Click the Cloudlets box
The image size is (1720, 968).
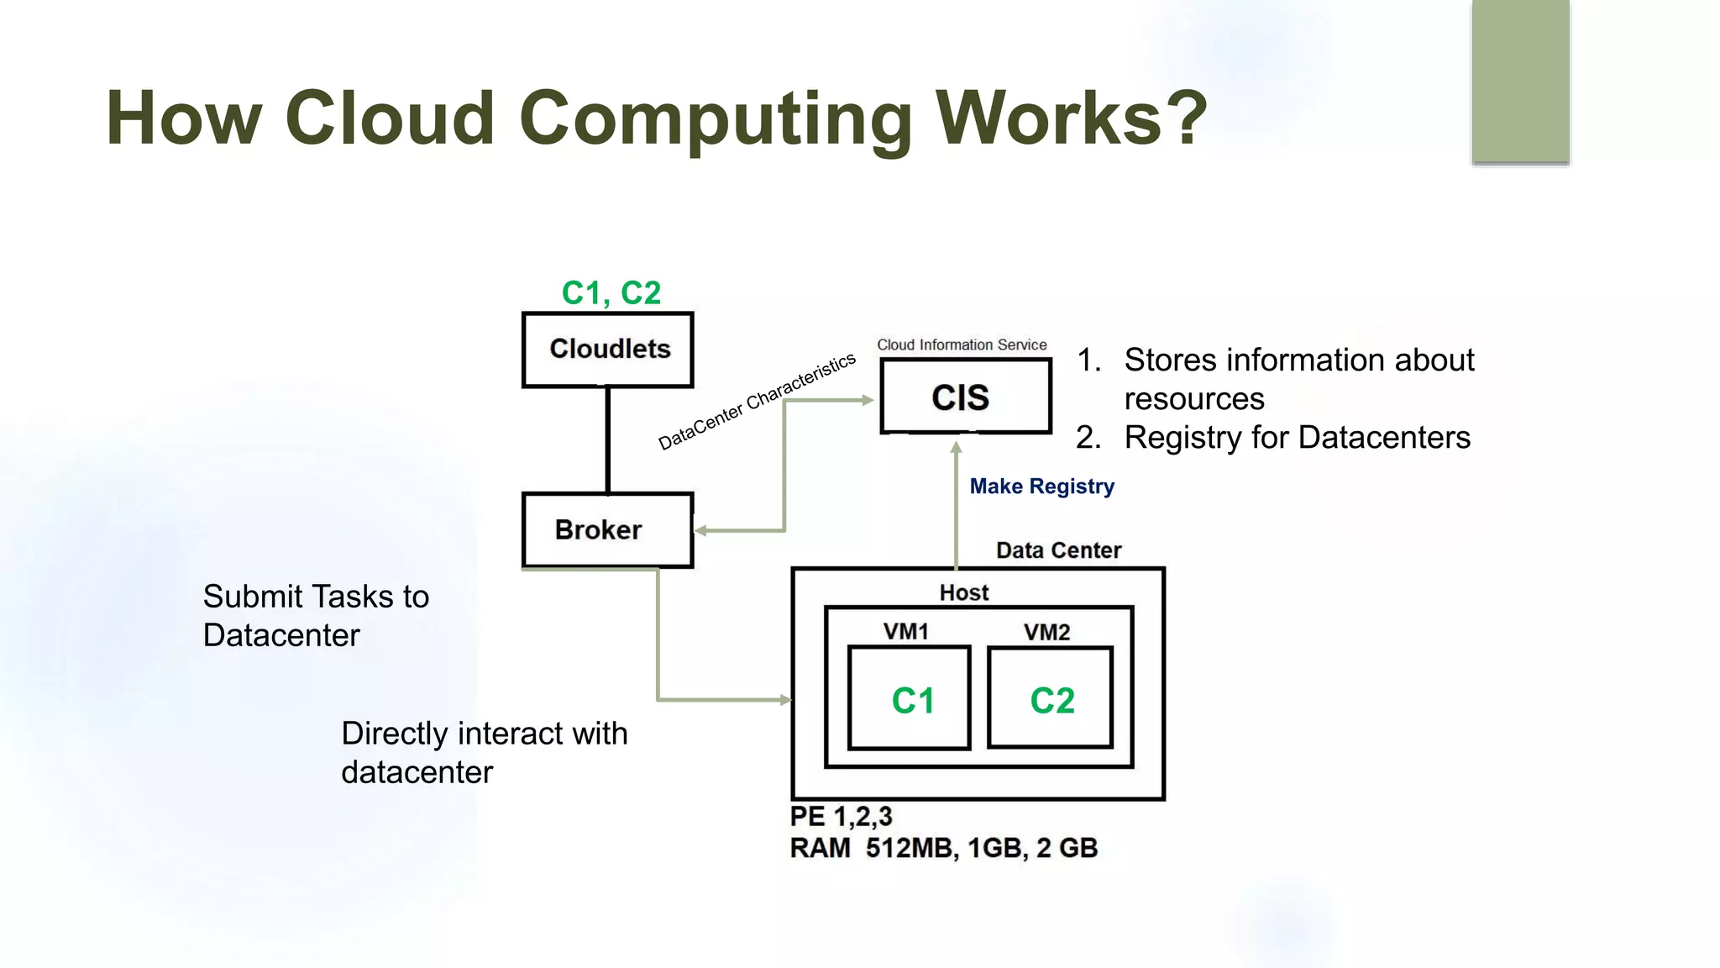[x=608, y=350]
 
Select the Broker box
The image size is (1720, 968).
[x=607, y=530]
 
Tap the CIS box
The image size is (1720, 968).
[x=965, y=397]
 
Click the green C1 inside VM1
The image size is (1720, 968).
[x=912, y=701]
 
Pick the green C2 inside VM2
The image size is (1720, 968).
[x=1051, y=701]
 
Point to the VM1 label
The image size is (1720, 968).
[x=905, y=632]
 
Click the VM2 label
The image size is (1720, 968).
[x=1046, y=632]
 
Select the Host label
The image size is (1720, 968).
[x=963, y=592]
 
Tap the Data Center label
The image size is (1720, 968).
[x=1058, y=550]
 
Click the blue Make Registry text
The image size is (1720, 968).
[x=1041, y=487]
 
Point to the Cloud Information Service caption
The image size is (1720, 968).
[x=962, y=345]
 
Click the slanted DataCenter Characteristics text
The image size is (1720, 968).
[x=756, y=402]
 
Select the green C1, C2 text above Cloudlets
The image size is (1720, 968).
[x=611, y=293]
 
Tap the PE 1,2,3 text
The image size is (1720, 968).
[x=841, y=816]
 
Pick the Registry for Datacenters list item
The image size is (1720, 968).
[x=1297, y=438]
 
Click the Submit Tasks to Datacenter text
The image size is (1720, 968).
[x=315, y=615]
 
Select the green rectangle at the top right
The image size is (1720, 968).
[x=1520, y=81]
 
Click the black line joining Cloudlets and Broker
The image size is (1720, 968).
[x=607, y=439]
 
